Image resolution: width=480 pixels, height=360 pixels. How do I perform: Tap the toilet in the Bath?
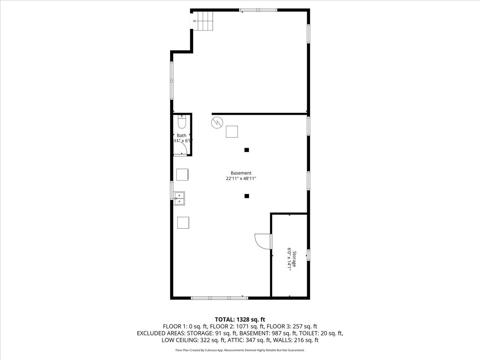tap(182, 121)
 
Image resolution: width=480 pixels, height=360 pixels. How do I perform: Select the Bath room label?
tap(182, 136)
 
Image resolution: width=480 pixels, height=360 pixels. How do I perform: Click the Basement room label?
tap(241, 173)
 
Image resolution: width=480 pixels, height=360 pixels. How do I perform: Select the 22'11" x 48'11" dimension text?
tap(241, 179)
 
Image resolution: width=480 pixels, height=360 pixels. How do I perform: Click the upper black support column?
tap(247, 150)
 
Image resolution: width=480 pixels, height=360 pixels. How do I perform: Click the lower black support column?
tap(247, 196)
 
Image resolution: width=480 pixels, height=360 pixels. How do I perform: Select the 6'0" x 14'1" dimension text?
tap(288, 259)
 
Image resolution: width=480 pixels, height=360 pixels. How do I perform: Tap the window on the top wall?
tap(258, 10)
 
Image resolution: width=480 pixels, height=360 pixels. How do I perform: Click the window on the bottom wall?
tap(219, 298)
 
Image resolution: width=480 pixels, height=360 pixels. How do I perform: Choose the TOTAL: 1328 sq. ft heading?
tap(240, 319)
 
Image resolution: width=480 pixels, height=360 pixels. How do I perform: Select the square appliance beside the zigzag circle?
tap(232, 132)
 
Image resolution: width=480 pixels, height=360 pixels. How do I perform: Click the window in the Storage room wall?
tap(308, 255)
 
